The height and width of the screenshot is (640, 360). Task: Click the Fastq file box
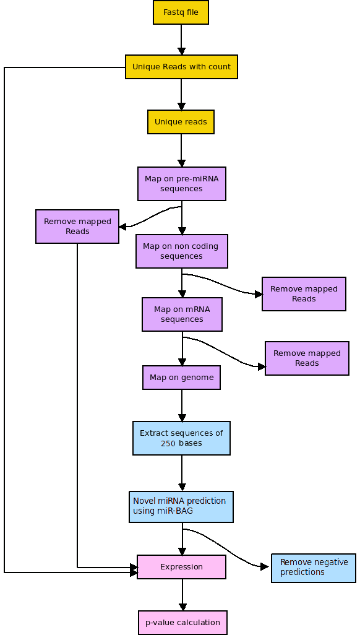click(x=181, y=12)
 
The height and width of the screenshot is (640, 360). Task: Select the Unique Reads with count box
click(x=181, y=67)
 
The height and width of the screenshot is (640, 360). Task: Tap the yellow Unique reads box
click(x=181, y=122)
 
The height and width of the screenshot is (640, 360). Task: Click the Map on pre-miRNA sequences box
click(x=181, y=184)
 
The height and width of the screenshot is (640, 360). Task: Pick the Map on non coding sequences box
click(x=181, y=251)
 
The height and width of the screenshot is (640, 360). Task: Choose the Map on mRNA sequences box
click(x=182, y=314)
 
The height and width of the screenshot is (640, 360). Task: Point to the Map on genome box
click(x=181, y=378)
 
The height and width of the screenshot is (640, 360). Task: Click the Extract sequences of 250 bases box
click(x=181, y=438)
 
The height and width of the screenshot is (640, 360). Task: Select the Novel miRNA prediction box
click(x=181, y=506)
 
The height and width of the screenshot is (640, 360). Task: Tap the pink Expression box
click(x=181, y=567)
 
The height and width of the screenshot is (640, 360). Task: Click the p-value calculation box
click(x=182, y=623)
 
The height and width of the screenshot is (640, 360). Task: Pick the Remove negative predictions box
click(x=314, y=568)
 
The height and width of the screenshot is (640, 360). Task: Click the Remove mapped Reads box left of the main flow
click(x=77, y=227)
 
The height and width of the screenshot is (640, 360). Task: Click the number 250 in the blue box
click(x=168, y=443)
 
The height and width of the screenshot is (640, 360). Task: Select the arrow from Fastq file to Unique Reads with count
click(x=181, y=40)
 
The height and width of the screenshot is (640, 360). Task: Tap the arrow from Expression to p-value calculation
click(x=182, y=595)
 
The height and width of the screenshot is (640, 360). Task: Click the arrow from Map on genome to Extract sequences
click(x=182, y=405)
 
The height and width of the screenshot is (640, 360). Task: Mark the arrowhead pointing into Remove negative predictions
click(x=265, y=566)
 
